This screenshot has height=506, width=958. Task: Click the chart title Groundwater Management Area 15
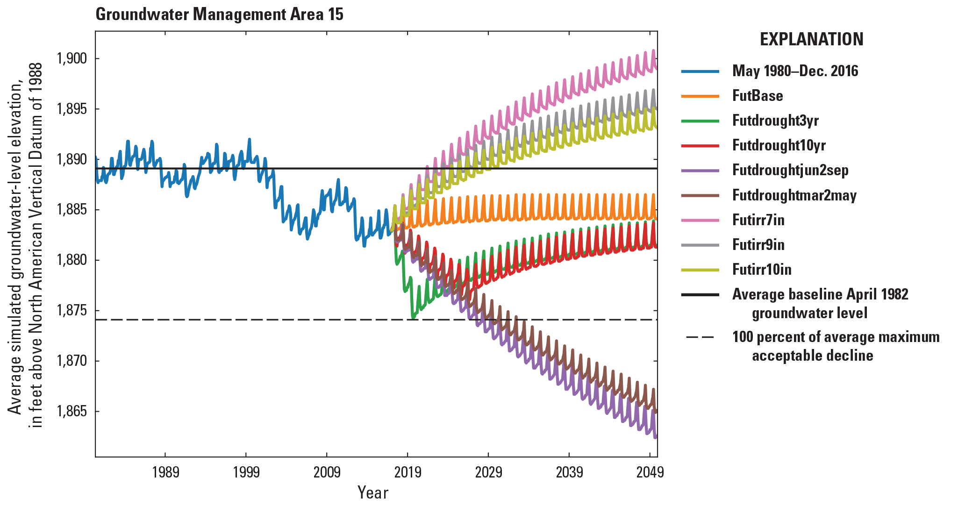click(219, 14)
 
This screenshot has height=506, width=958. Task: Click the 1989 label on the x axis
click(165, 472)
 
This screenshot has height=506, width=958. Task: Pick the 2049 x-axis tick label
click(650, 472)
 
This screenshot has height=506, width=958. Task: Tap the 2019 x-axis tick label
click(408, 472)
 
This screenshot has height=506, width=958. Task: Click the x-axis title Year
click(372, 492)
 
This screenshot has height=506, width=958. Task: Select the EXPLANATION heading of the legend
click(811, 39)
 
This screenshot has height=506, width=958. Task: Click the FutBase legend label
click(757, 96)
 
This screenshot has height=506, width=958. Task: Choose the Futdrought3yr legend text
click(775, 121)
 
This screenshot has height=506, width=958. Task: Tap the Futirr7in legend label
click(758, 220)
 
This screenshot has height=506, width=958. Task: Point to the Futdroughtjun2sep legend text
click(790, 170)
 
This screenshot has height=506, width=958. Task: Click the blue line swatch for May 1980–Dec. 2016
click(700, 71)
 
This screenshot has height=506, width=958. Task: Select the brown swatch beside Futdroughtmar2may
click(700, 195)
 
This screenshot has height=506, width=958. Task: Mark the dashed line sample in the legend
click(700, 337)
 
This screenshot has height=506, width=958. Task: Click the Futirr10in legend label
click(761, 270)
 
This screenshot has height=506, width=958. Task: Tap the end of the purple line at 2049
click(656, 437)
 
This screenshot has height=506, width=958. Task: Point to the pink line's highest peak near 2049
click(653, 50)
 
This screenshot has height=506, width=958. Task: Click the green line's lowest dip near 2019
click(413, 318)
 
